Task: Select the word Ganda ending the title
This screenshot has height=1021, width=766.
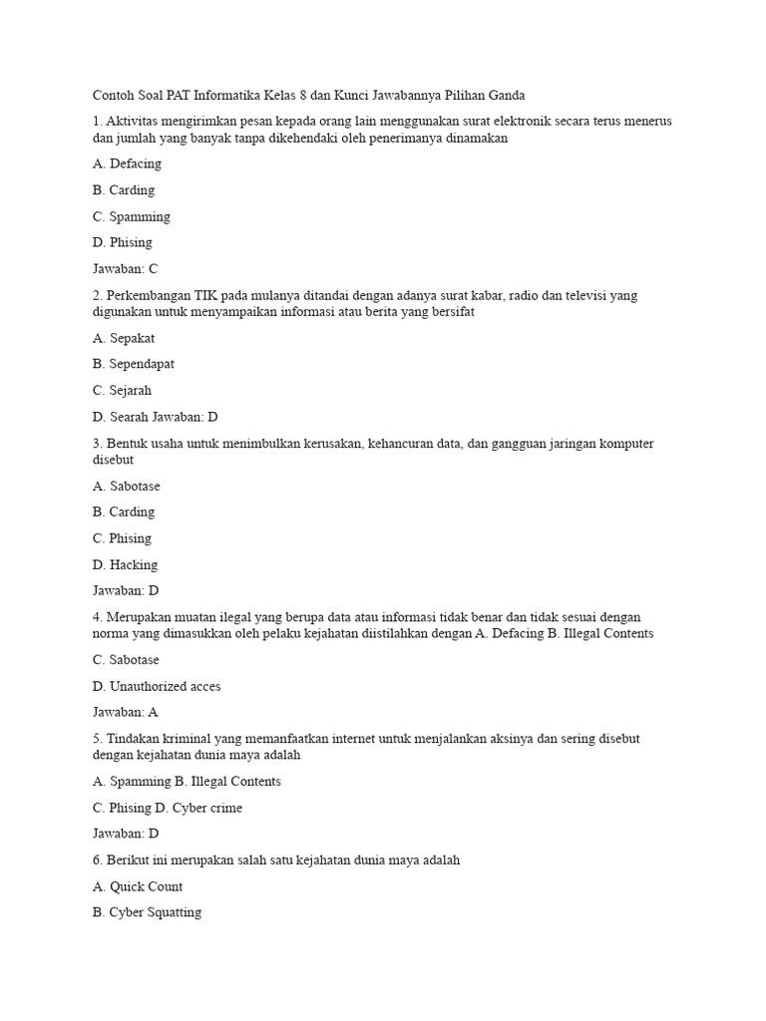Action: (504, 96)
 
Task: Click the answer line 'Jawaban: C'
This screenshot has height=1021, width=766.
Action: (125, 268)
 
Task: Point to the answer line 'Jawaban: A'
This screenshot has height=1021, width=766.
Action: (125, 712)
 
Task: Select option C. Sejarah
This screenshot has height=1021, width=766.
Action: (122, 390)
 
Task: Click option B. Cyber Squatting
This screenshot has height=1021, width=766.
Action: (147, 912)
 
